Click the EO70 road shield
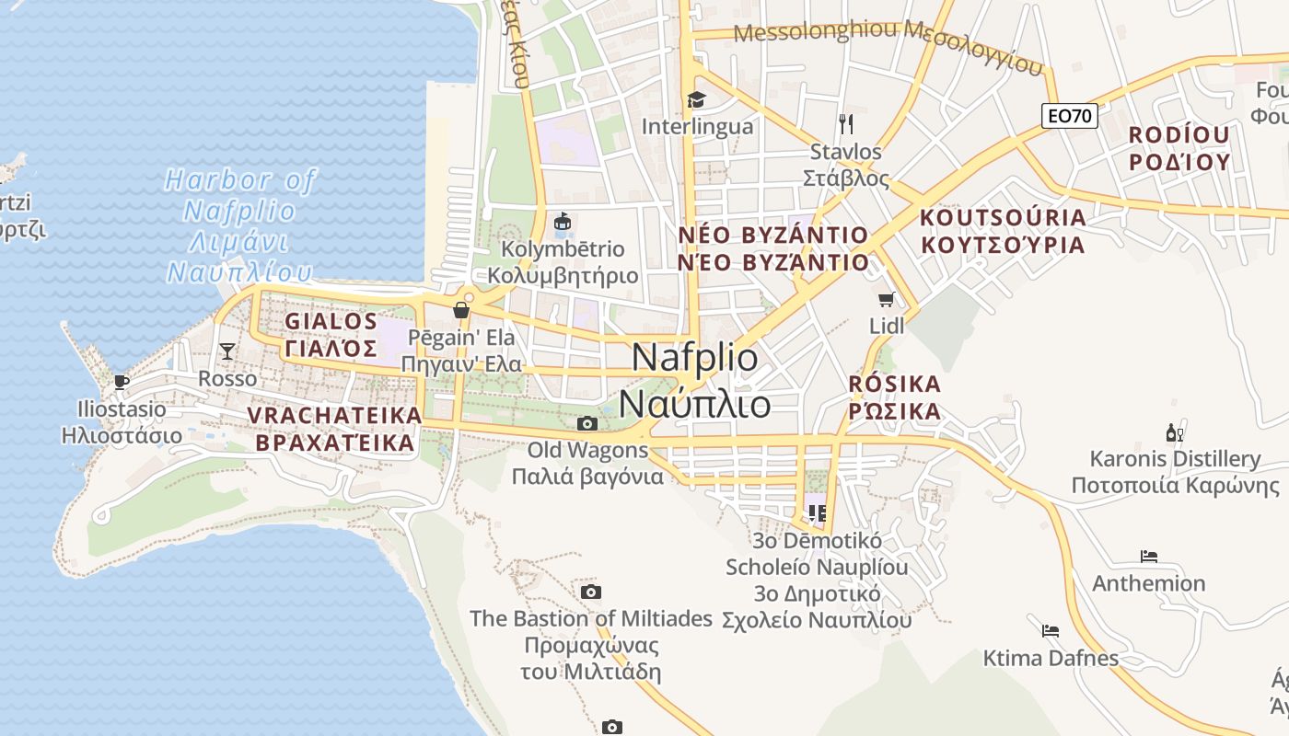(x=1070, y=116)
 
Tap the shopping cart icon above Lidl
(x=887, y=299)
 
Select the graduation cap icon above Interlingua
(x=696, y=99)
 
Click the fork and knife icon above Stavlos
(x=846, y=123)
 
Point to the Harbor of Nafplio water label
(x=239, y=225)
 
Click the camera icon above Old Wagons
(x=586, y=423)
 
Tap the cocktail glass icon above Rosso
(x=226, y=351)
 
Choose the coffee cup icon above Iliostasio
(x=121, y=382)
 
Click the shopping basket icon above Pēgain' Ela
(x=461, y=310)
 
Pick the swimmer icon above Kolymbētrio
(x=563, y=222)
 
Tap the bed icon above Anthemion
(x=1148, y=556)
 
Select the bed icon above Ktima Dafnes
(x=1050, y=630)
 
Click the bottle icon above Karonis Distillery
(x=1174, y=431)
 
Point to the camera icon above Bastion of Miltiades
(x=591, y=591)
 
